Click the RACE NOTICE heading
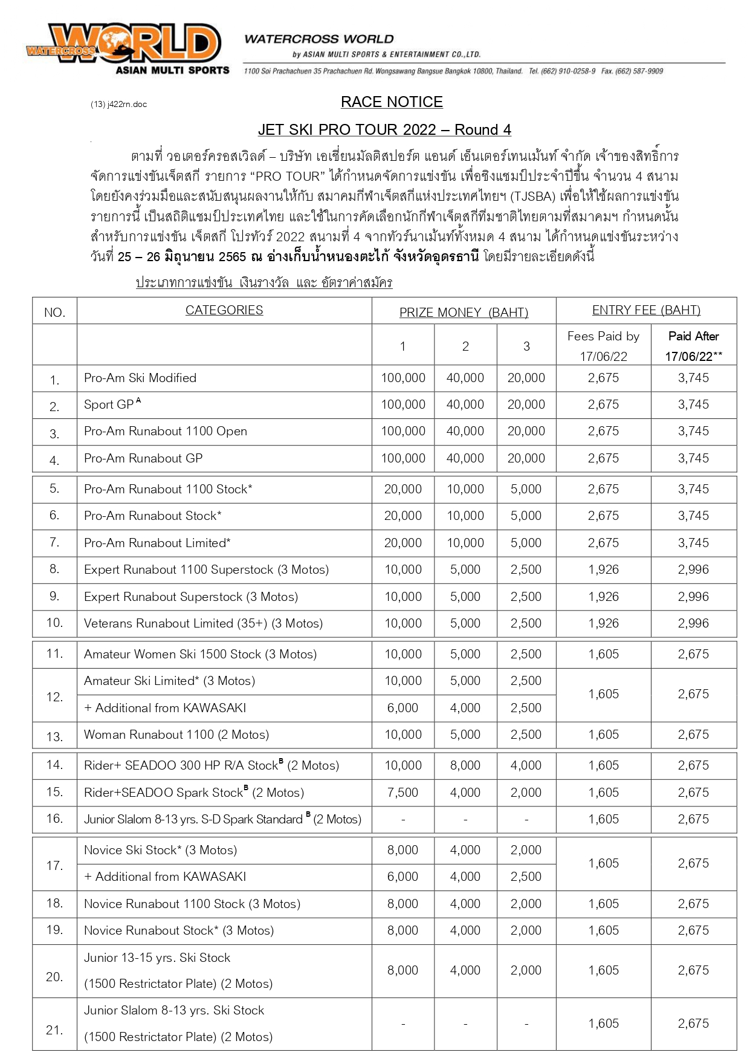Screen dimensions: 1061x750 (392, 102)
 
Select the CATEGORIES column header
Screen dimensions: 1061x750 (224, 310)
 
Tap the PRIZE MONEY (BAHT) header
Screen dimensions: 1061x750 (464, 313)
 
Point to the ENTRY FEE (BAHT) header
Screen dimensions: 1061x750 (646, 310)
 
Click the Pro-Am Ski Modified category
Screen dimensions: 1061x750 (140, 378)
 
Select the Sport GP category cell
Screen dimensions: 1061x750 (112, 404)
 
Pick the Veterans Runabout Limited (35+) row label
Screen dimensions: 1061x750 (203, 623)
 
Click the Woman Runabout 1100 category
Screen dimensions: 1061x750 (176, 735)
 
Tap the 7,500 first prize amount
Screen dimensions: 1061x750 (402, 793)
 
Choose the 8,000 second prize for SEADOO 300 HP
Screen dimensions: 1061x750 (465, 765)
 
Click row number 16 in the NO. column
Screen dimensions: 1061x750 (54, 819)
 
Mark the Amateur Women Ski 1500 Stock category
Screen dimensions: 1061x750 (200, 654)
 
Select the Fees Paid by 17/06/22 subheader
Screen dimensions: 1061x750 (603, 346)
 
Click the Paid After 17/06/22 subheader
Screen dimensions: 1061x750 (693, 346)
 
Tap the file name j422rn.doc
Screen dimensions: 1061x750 (119, 104)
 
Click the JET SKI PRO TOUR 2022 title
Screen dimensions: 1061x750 (384, 129)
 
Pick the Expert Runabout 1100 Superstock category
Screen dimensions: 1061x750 (206, 569)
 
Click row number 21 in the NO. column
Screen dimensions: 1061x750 (54, 1030)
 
